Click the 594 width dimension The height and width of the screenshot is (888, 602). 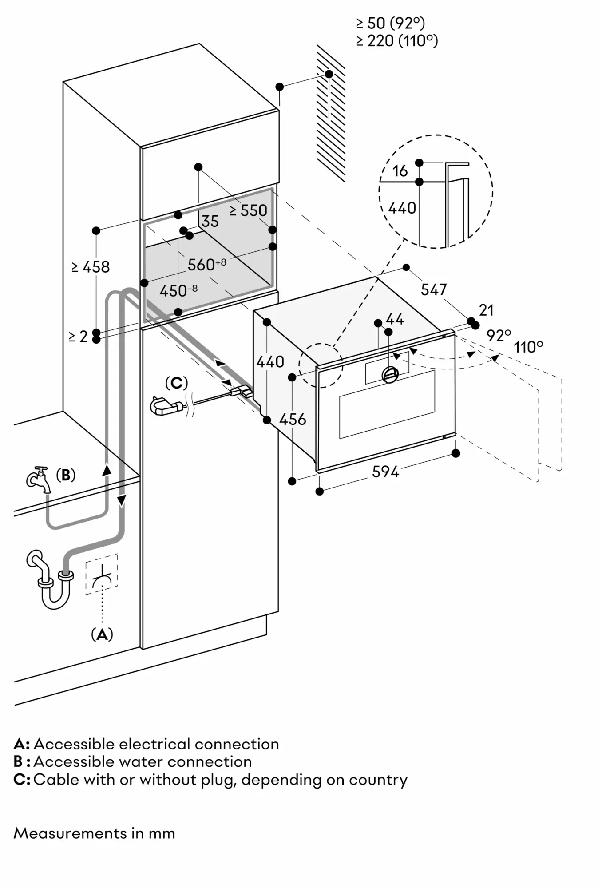385,471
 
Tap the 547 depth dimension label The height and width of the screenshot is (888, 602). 433,289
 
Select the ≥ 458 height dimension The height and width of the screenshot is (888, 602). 91,266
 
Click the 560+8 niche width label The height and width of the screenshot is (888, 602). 206,264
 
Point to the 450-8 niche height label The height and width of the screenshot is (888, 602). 178,291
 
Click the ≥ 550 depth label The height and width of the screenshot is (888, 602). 249,210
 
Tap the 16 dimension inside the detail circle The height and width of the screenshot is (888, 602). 400,170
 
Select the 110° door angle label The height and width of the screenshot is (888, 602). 528,347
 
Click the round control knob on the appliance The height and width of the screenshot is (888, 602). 390,375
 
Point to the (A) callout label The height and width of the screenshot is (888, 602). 102,634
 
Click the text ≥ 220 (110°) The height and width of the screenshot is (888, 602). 397,41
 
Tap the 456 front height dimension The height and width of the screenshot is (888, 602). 293,419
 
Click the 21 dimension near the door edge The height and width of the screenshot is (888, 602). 487,310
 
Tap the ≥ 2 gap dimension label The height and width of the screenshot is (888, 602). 78,337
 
